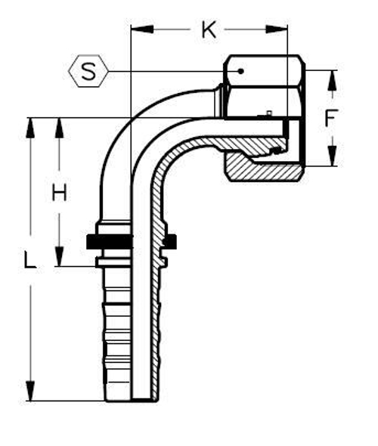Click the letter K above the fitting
tap(208, 30)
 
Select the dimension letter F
tap(330, 118)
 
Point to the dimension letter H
tap(59, 193)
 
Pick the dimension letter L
tap(29, 261)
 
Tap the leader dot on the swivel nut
tap(240, 71)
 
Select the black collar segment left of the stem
tap(109, 241)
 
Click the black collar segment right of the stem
tap(170, 241)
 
